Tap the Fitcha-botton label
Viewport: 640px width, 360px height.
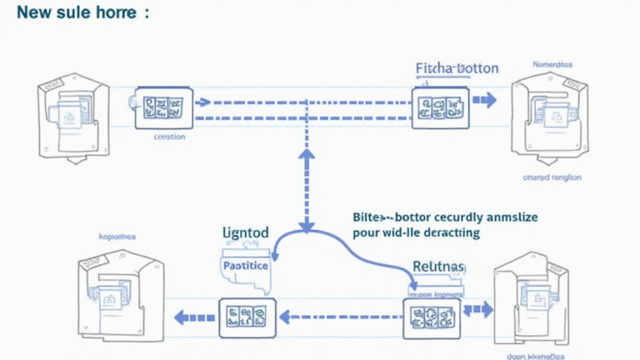[x=457, y=68]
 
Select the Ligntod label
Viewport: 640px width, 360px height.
[x=246, y=232]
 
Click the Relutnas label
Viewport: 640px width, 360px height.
[x=438, y=267]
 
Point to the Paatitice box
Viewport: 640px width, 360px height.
[x=246, y=266]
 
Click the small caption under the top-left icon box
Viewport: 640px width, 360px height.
[x=170, y=137]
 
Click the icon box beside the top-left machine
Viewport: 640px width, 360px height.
[x=163, y=107]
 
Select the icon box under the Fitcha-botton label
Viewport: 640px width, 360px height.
[x=440, y=107]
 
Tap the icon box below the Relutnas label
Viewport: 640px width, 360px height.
[x=431, y=317]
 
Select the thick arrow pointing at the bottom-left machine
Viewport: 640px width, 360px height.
[x=190, y=317]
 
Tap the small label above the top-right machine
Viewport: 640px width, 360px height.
[x=552, y=64]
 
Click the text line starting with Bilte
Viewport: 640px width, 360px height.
[x=446, y=217]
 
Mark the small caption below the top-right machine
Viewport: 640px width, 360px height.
[x=552, y=177]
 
